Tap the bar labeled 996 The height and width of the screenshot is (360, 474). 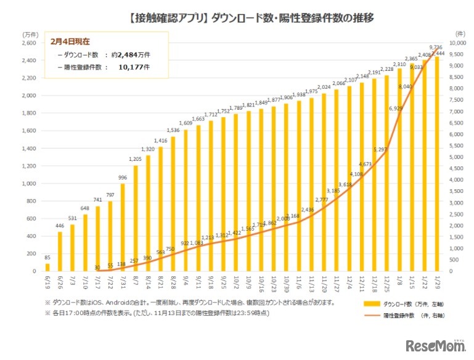pyautogui.click(x=122, y=227)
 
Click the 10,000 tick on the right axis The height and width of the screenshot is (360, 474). pyautogui.click(x=457, y=43)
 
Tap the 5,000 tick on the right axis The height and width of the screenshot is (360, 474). pyautogui.click(x=456, y=157)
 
